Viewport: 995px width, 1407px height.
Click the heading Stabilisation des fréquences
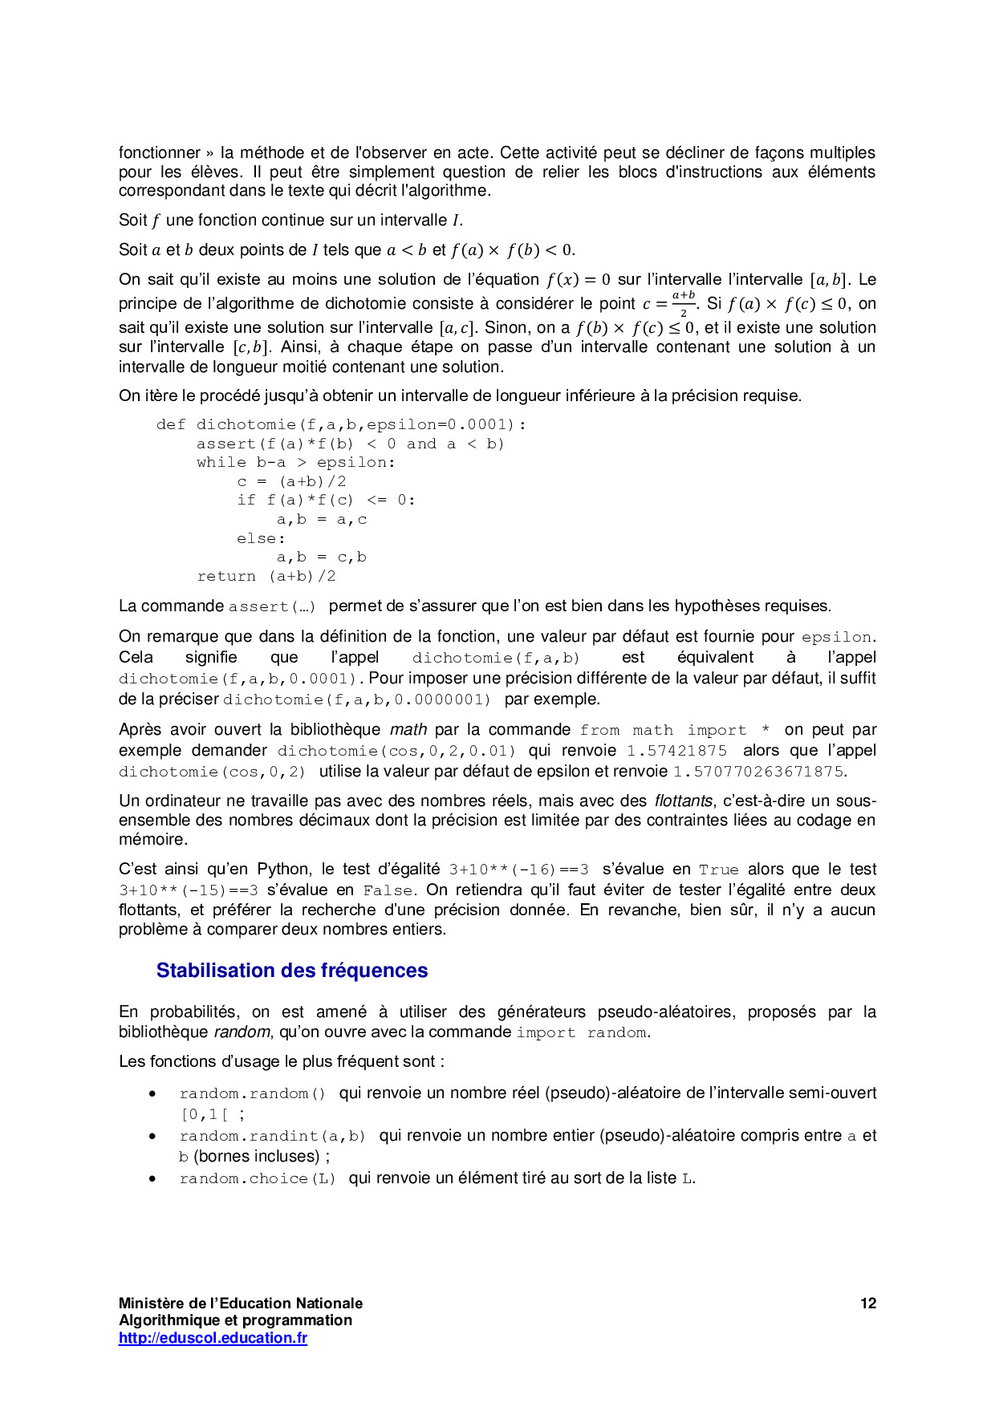tap(292, 971)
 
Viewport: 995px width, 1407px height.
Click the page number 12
tap(868, 1304)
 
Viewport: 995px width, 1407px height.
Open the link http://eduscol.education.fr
tap(213, 1338)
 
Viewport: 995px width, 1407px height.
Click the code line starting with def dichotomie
tap(341, 424)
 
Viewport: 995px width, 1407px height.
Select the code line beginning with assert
tap(350, 444)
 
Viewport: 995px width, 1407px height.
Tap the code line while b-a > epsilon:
tap(296, 462)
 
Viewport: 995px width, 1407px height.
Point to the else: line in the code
tap(261, 538)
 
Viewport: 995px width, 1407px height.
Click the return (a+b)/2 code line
tap(266, 576)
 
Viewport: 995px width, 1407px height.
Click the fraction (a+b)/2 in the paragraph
tap(684, 303)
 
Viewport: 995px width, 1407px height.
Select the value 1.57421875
tap(676, 751)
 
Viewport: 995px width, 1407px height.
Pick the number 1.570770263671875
tap(757, 772)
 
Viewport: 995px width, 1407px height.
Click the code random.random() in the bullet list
tap(253, 1093)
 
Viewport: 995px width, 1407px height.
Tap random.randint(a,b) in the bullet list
tap(273, 1136)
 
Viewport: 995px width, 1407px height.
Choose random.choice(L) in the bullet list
tap(258, 1178)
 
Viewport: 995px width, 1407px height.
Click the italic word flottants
tap(683, 801)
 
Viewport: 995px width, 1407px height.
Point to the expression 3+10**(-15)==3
tap(189, 890)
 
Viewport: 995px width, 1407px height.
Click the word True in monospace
tap(718, 870)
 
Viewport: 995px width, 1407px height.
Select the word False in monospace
tap(388, 890)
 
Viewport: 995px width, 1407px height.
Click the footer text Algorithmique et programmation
tap(235, 1320)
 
